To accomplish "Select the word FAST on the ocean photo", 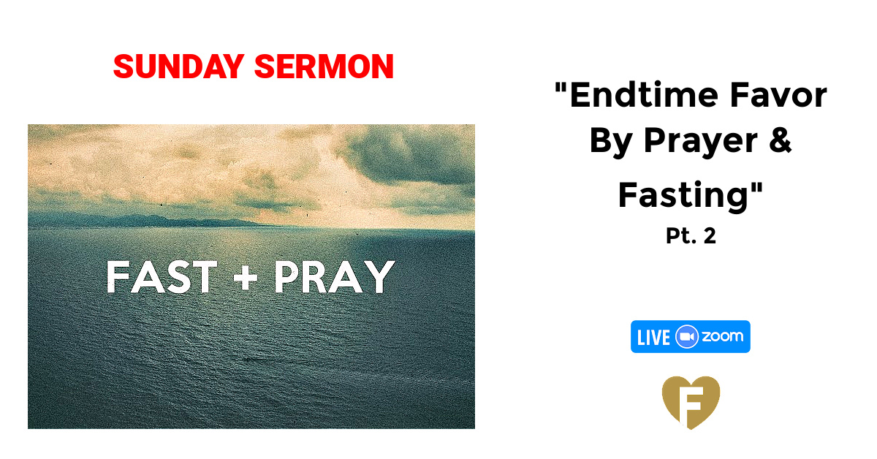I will coord(162,278).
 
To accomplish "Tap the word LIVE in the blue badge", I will coord(653,337).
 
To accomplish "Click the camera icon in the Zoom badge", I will coord(687,337).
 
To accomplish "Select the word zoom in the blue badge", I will coord(722,337).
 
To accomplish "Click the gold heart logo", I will coord(691,402).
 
